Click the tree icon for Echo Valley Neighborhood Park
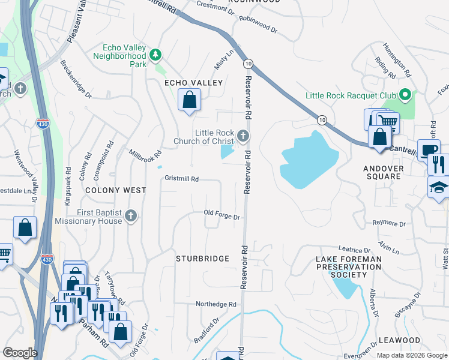click(x=155, y=56)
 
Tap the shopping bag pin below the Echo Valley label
click(x=189, y=100)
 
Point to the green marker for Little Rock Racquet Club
click(x=405, y=95)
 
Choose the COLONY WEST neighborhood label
click(x=116, y=190)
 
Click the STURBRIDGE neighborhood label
click(x=202, y=259)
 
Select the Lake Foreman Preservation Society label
click(x=349, y=266)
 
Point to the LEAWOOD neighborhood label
click(x=400, y=340)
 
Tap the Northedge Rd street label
click(x=217, y=304)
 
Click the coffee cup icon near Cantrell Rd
click(x=429, y=149)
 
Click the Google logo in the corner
click(x=19, y=353)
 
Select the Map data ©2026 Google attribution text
click(x=411, y=355)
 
